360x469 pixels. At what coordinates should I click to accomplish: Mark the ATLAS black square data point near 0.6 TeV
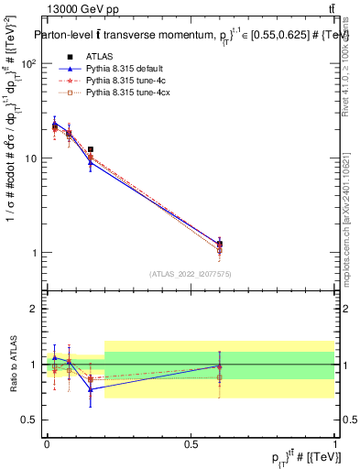(219, 245)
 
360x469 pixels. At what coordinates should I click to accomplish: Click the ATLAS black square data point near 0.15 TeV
(90, 148)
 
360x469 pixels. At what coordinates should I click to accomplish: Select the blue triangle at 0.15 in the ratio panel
(90, 389)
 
